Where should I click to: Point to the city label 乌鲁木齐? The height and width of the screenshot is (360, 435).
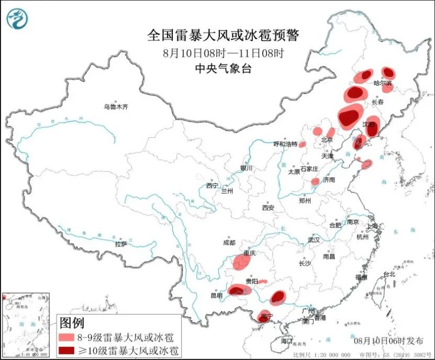coord(115,107)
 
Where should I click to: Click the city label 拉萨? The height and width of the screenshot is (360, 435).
coord(121,244)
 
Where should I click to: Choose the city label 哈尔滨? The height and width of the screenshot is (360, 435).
coord(382,83)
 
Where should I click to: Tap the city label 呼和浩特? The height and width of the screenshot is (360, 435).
coord(285,144)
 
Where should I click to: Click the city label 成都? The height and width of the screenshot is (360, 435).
coord(229,243)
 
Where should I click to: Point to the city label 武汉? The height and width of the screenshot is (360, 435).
coord(314,239)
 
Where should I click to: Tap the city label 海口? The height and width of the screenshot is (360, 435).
coord(286,341)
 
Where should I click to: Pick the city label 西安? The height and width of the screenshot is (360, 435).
coord(268,208)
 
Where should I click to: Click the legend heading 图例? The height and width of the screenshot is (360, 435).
coord(71,322)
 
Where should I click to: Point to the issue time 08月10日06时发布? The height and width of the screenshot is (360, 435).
coord(388,341)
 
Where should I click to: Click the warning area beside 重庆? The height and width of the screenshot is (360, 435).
coord(242,260)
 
